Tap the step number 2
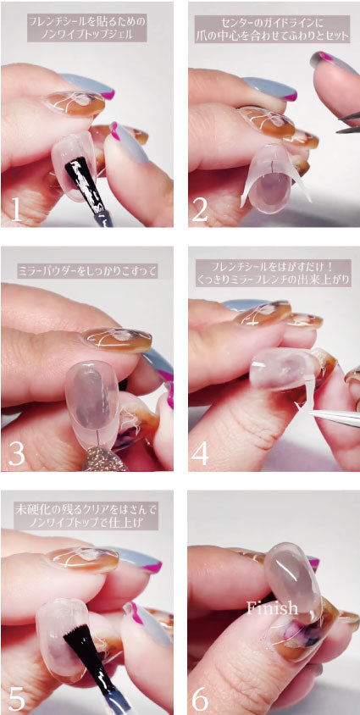(x=201, y=208)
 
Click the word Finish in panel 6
(x=273, y=607)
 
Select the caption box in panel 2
(x=272, y=27)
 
